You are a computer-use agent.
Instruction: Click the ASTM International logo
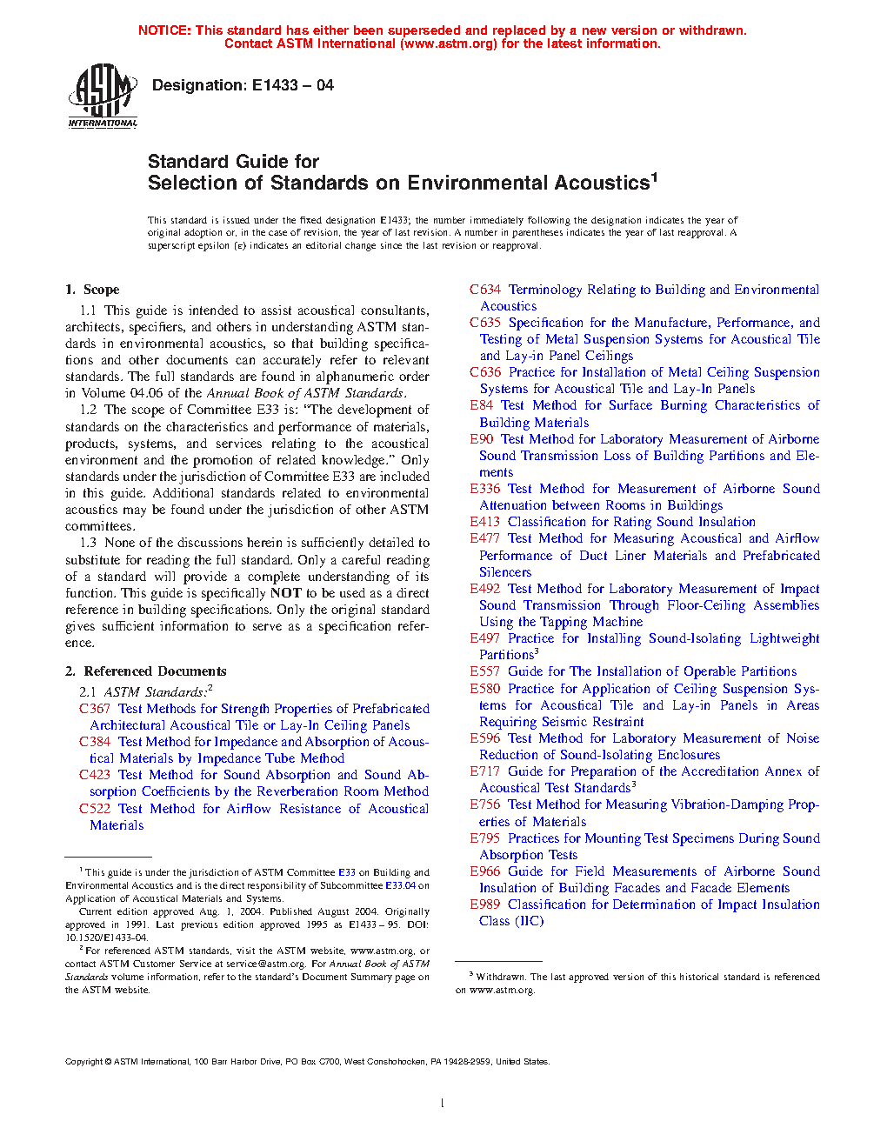pos(103,97)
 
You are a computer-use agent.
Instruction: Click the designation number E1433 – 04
pos(292,85)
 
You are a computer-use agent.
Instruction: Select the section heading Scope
pos(101,290)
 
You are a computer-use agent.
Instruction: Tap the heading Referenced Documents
pos(155,671)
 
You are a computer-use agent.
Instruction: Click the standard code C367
pos(95,709)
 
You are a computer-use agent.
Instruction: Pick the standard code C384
pos(95,742)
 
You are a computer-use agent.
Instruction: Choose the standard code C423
pos(95,775)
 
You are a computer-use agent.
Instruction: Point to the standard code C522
pos(95,809)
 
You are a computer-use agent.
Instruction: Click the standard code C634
pos(485,290)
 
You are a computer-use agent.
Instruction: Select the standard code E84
pos(482,405)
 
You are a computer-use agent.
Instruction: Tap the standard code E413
pos(485,522)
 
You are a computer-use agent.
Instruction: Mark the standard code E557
pos(485,671)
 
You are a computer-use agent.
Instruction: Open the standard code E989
pos(485,904)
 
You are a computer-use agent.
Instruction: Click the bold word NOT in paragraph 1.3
pos(285,593)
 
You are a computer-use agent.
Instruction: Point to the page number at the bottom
pos(443,1104)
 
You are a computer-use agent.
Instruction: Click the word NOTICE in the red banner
pos(164,30)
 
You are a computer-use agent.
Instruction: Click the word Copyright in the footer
pos(84,1061)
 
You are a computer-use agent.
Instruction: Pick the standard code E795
pos(485,838)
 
